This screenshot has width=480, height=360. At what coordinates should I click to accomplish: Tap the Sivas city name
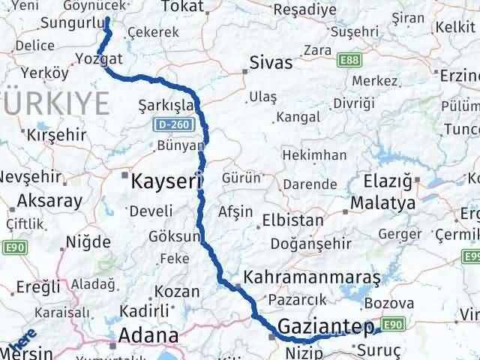271,62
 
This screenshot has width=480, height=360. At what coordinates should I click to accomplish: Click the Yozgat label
100,58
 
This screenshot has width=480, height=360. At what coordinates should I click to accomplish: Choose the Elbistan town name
292,221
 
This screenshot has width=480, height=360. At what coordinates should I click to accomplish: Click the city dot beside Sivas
244,72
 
